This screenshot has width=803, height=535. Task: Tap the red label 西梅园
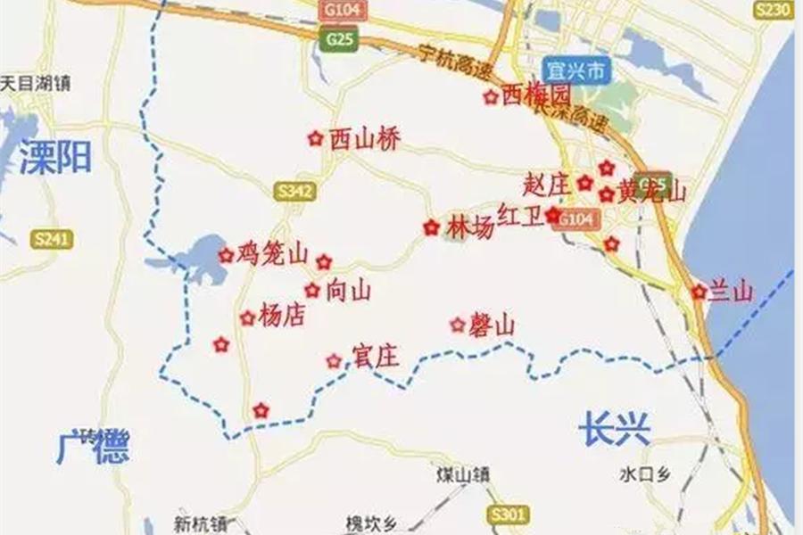(534, 95)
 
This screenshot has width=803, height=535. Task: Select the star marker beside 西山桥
(314, 138)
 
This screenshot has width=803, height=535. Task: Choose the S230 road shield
(772, 10)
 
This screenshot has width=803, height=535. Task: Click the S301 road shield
(509, 514)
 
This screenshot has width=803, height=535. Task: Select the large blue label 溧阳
(55, 157)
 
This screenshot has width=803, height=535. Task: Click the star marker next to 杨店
(247, 317)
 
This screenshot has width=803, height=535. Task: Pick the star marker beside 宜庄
(334, 360)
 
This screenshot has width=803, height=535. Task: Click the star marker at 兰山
(699, 292)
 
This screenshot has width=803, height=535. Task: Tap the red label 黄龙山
(652, 192)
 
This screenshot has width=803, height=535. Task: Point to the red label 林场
(470, 228)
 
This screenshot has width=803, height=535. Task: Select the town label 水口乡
(643, 474)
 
